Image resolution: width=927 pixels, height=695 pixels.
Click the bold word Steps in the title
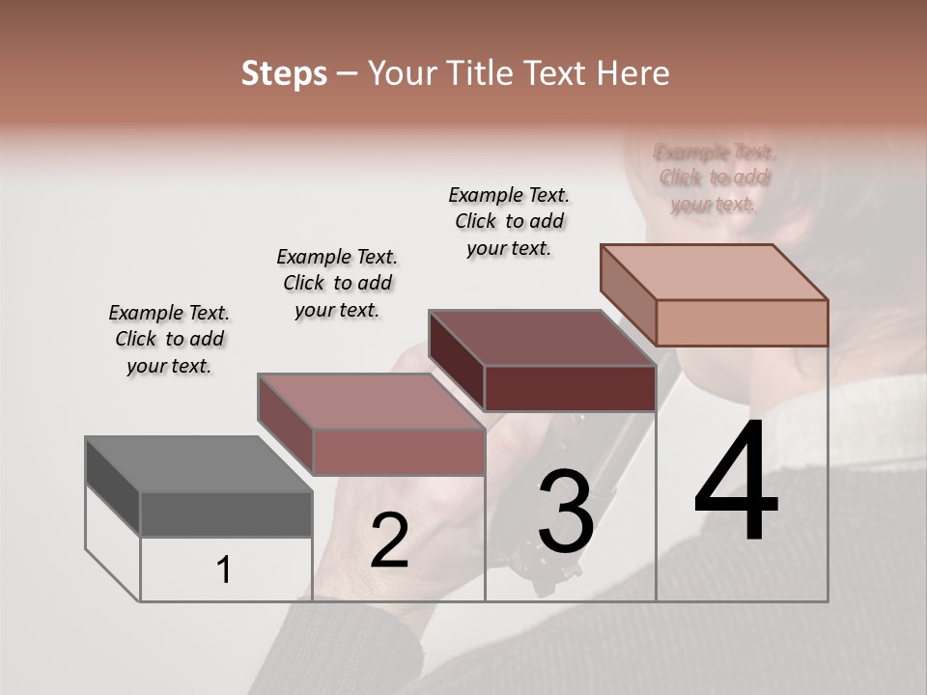tap(284, 73)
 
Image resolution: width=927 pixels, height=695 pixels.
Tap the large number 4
tap(736, 483)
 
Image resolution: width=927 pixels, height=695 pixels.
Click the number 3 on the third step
tap(565, 512)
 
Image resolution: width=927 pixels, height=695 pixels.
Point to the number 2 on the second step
tap(389, 541)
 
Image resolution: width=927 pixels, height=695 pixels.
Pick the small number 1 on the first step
tap(224, 570)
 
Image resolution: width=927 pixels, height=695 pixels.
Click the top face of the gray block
tap(198, 464)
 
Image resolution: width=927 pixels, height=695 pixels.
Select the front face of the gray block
tap(226, 514)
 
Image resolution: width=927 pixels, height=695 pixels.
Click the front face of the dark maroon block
tap(570, 389)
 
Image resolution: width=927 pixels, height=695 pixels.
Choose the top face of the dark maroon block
tap(541, 338)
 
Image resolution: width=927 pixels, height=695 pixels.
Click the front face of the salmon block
tap(742, 322)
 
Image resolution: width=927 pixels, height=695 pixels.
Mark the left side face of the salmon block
tap(628, 294)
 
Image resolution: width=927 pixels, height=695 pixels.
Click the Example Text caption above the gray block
tap(169, 339)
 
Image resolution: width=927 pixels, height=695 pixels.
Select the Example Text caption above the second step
tap(337, 283)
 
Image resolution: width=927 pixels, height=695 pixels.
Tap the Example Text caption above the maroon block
tap(509, 221)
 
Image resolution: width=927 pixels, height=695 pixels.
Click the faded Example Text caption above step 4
tap(715, 178)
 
